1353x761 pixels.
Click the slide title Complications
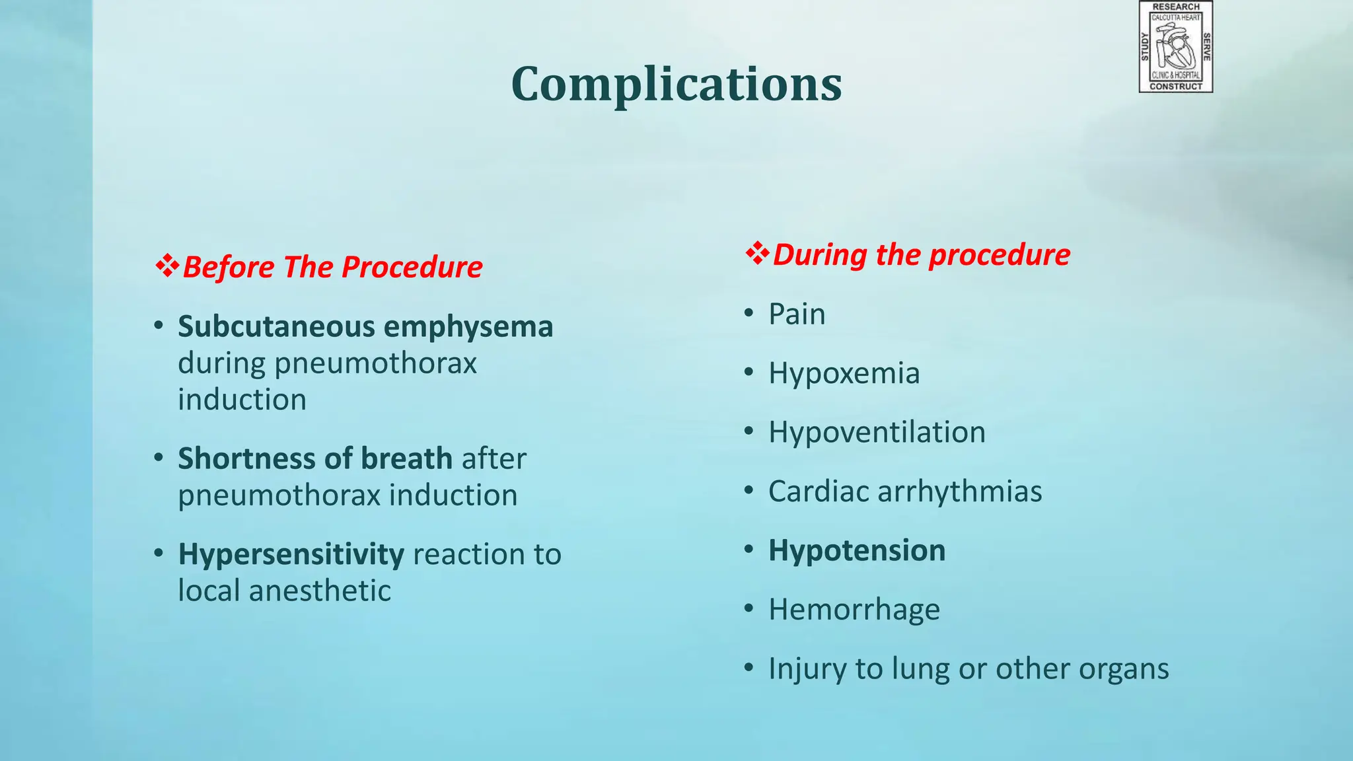676,85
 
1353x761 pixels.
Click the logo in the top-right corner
1175,47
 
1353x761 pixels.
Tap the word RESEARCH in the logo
1176,7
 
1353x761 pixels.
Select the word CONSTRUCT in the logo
1176,87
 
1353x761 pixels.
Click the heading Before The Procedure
332,268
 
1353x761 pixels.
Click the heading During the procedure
921,255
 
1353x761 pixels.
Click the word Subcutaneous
276,326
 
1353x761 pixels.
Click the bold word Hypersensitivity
291,554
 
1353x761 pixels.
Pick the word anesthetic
320,591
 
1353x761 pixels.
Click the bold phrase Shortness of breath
315,458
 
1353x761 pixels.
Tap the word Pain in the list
797,314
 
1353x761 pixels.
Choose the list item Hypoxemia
844,373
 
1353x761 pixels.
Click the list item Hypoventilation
877,433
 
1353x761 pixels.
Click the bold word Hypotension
857,551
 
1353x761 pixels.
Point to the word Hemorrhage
854,610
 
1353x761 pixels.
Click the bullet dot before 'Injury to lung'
749,669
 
